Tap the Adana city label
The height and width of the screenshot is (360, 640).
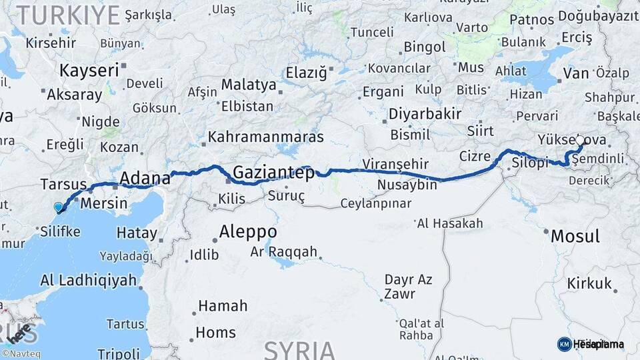[145, 178]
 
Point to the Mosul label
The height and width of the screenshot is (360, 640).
[575, 236]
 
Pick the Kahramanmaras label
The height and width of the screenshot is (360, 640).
[265, 137]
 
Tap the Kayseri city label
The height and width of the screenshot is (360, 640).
[89, 69]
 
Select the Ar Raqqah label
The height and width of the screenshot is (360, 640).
[284, 253]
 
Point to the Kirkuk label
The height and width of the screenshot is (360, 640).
[589, 284]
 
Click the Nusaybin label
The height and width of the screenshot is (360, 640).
[407, 185]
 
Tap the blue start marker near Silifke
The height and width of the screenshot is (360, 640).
[59, 208]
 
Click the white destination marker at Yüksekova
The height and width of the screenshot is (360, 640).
[580, 141]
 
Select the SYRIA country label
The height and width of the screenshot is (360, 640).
[299, 349]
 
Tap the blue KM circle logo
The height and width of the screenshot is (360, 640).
[564, 344]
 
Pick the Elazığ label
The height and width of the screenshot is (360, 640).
[307, 72]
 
